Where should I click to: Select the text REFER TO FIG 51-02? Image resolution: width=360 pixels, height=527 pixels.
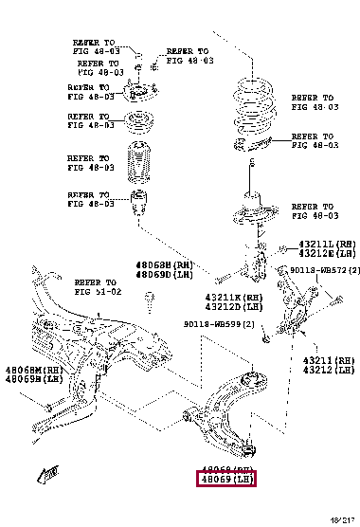(96, 287)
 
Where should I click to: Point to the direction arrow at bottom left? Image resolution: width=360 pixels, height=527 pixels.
(44, 469)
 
